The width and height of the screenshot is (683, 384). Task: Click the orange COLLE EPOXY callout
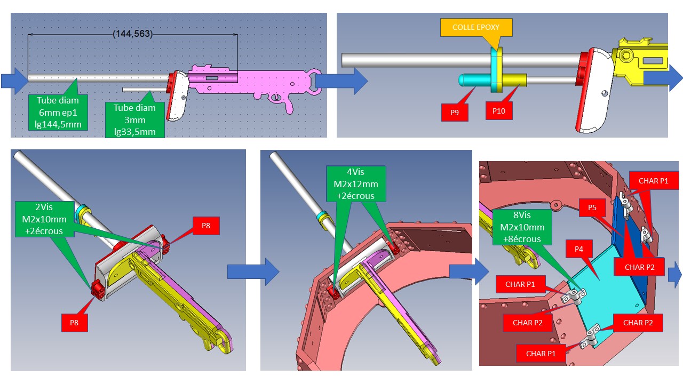pyautogui.click(x=476, y=27)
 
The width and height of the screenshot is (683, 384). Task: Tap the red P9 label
pyautogui.click(x=455, y=113)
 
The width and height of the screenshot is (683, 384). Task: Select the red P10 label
pyautogui.click(x=499, y=110)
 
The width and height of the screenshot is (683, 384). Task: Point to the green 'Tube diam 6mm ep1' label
pyautogui.click(x=58, y=113)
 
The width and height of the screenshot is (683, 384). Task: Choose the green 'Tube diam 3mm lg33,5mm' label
pyautogui.click(x=135, y=120)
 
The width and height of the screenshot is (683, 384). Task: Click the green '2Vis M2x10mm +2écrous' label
pyautogui.click(x=44, y=219)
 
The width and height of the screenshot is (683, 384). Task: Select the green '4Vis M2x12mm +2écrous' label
pyautogui.click(x=356, y=184)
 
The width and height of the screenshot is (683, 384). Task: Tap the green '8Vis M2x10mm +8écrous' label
pyautogui.click(x=522, y=227)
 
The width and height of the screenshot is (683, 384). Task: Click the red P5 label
pyautogui.click(x=592, y=207)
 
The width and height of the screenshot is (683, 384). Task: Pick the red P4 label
pyautogui.click(x=579, y=249)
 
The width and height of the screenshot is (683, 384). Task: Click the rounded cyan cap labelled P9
pyautogui.click(x=474, y=80)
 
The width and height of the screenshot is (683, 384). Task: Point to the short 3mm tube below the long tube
pyautogui.click(x=145, y=90)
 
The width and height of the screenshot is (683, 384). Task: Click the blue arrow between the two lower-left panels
pyautogui.click(x=253, y=271)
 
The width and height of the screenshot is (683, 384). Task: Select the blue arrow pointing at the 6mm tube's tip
pyautogui.click(x=14, y=81)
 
